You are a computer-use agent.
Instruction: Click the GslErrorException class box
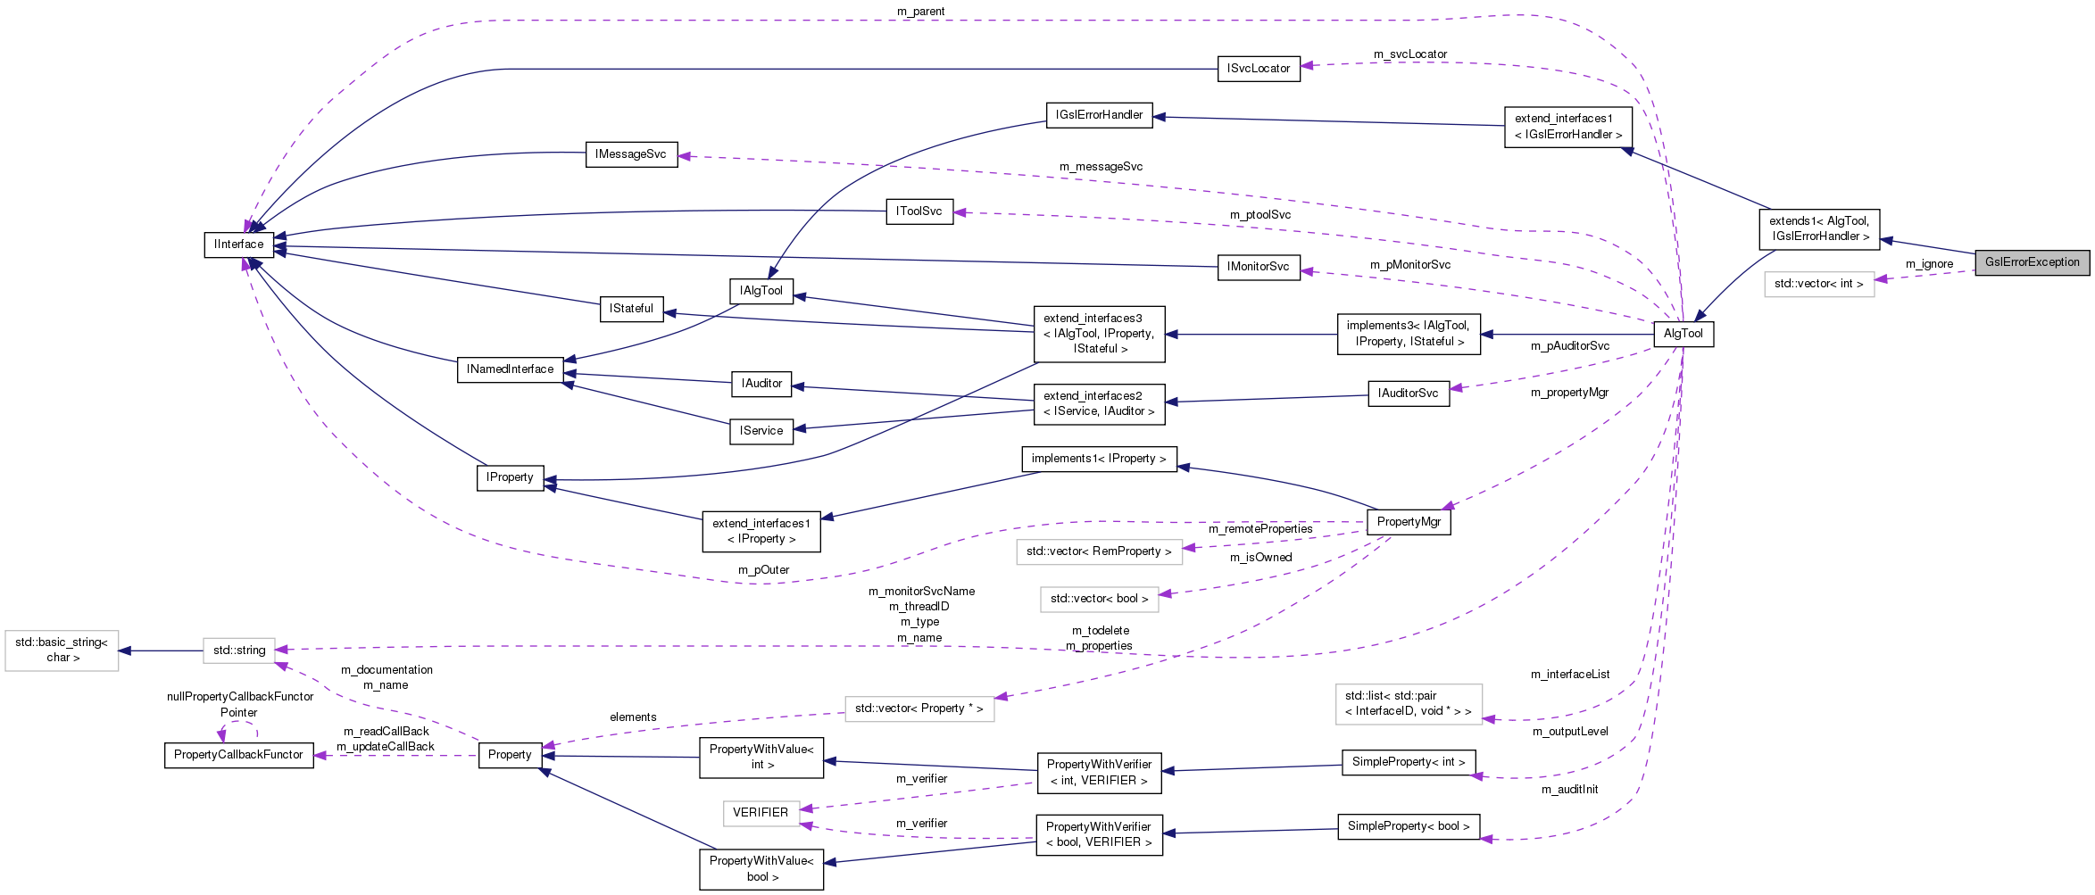tap(2032, 262)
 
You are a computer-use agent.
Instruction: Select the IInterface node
tap(238, 244)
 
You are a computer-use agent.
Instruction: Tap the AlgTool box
tap(1683, 334)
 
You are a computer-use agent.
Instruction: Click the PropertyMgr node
tap(1409, 522)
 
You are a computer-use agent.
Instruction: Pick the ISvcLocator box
tap(1258, 69)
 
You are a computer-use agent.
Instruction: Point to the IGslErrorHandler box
tap(1099, 115)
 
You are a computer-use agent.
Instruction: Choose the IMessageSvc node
tap(630, 154)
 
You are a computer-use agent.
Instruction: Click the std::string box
tap(239, 651)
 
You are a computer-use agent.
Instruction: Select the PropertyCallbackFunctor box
tap(238, 755)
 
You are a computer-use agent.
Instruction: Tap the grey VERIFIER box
tap(761, 813)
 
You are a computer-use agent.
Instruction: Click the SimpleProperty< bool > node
tap(1408, 826)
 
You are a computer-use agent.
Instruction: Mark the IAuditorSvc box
tap(1408, 394)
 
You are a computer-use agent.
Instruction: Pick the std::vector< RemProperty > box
tap(1098, 551)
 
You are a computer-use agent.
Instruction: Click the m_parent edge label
tap(920, 12)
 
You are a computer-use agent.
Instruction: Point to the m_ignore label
tap(1929, 264)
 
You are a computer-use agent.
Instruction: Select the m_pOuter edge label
tap(763, 570)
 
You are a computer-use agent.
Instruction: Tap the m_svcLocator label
tap(1409, 54)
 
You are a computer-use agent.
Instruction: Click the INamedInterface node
tap(510, 369)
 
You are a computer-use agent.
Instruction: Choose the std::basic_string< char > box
tap(62, 651)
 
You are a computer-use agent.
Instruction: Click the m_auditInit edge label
tap(1569, 790)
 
